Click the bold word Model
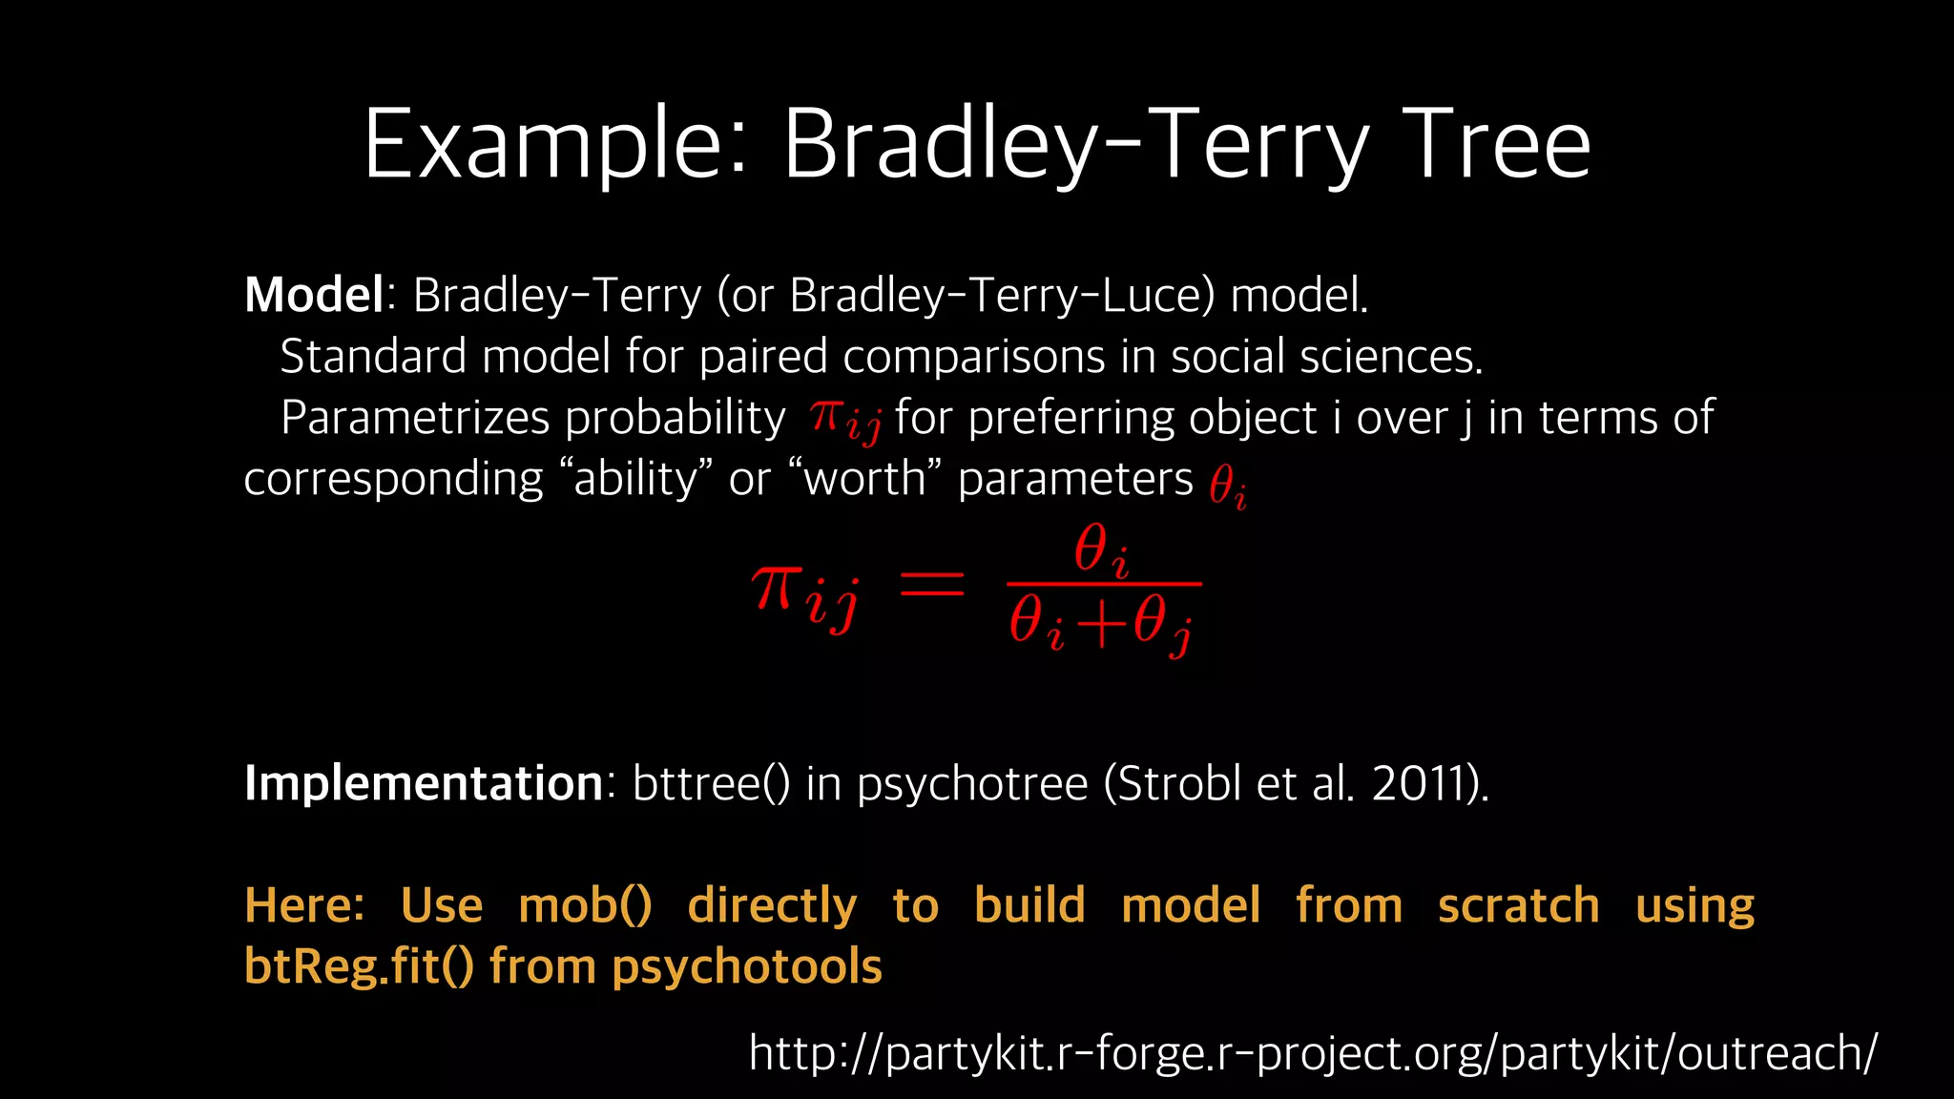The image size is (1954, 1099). pyautogui.click(x=314, y=295)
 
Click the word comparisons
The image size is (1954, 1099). pyautogui.click(x=973, y=357)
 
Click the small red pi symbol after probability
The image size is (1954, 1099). pyautogui.click(x=826, y=417)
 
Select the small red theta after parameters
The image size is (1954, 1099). pyautogui.click(x=1223, y=485)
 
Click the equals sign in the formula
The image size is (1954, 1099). pyautogui.click(x=932, y=584)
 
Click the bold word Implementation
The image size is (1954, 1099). pyautogui.click(x=424, y=783)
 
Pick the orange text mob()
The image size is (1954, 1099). pyautogui.click(x=585, y=905)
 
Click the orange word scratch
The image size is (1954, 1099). pyautogui.click(x=1518, y=905)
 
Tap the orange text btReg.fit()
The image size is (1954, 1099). pyautogui.click(x=359, y=966)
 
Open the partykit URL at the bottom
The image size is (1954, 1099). pyautogui.click(x=1313, y=1053)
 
